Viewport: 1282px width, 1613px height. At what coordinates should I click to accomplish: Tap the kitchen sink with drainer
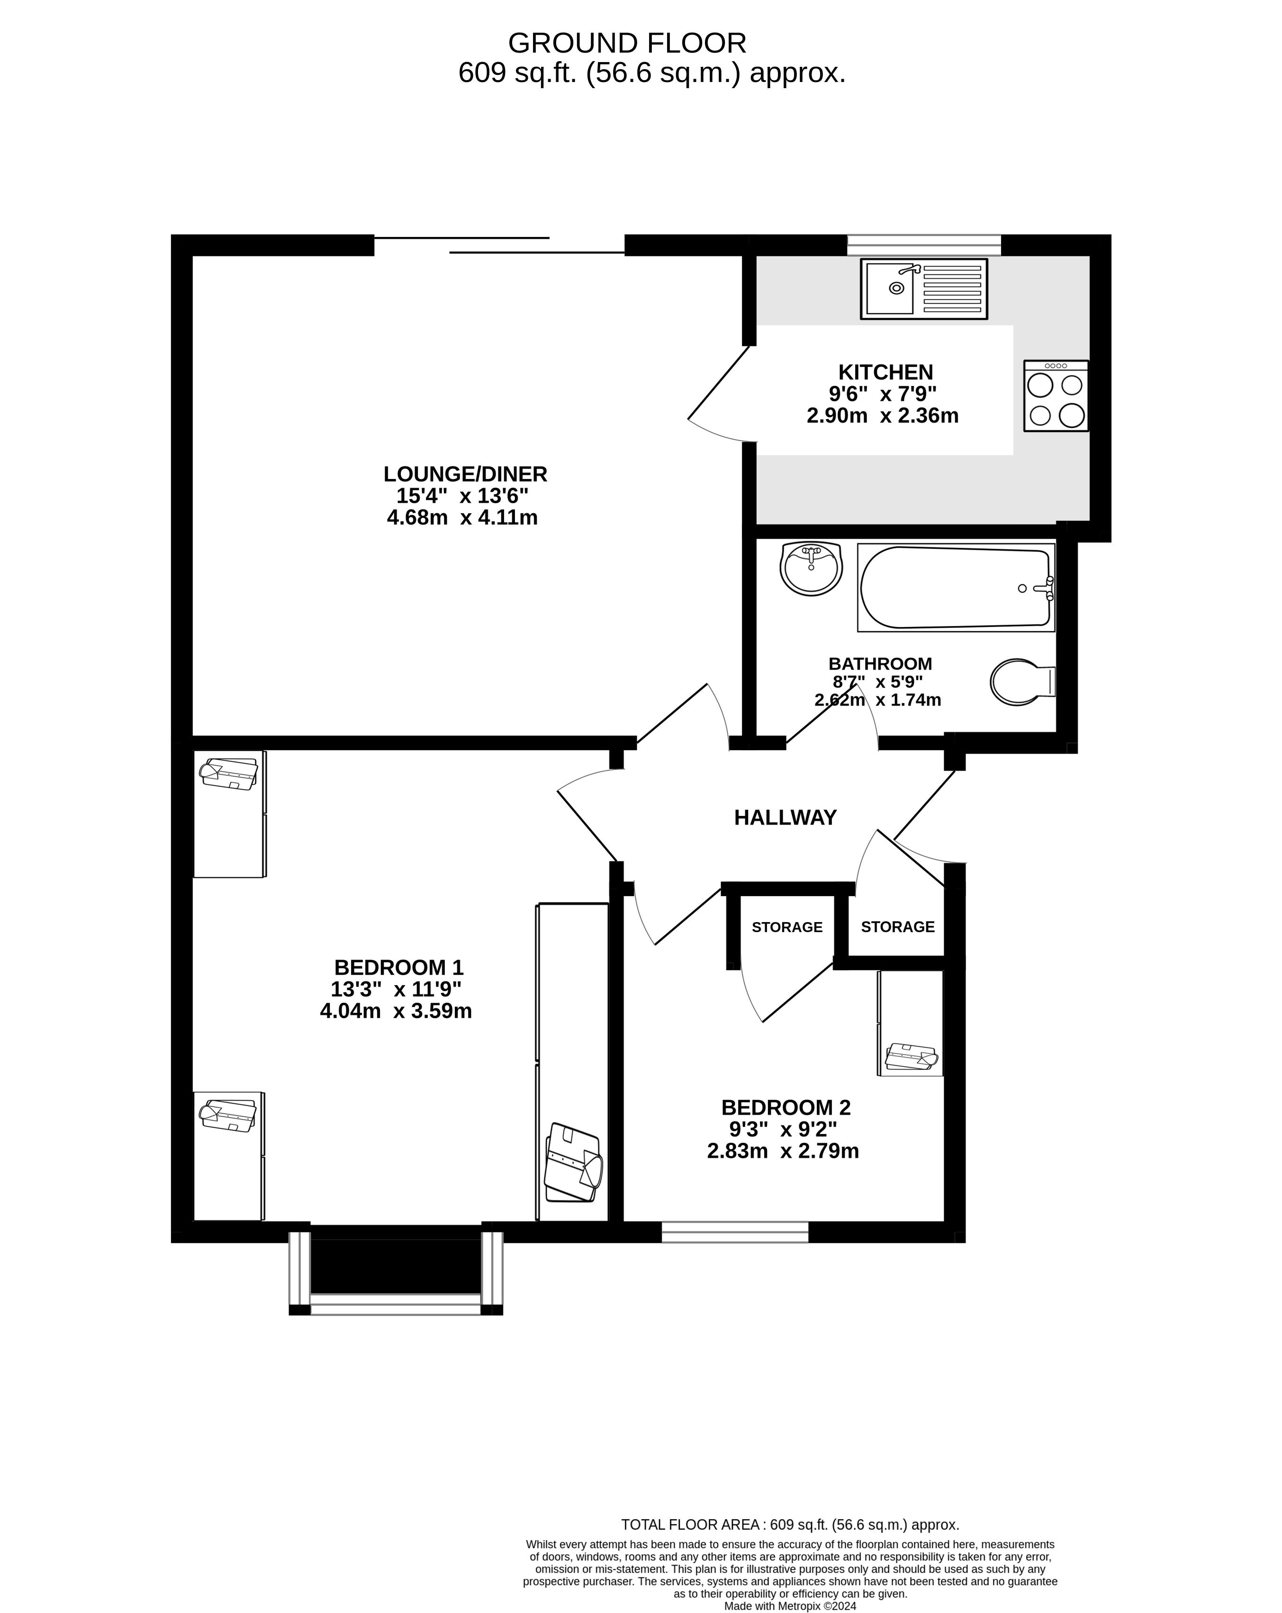pyautogui.click(x=923, y=288)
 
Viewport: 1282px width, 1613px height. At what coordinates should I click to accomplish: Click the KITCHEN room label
pyautogui.click(x=885, y=372)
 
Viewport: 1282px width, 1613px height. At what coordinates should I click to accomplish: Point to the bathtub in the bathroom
pyautogui.click(x=955, y=587)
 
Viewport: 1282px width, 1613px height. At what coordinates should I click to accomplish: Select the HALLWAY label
pyautogui.click(x=785, y=818)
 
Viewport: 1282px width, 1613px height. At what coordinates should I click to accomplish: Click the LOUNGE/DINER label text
pyautogui.click(x=465, y=473)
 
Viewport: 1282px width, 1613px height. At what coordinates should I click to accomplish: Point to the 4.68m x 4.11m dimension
pyautogui.click(x=462, y=517)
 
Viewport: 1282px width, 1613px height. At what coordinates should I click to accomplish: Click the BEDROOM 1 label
pyautogui.click(x=398, y=967)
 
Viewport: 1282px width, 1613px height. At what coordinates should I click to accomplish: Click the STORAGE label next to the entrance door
pyautogui.click(x=898, y=927)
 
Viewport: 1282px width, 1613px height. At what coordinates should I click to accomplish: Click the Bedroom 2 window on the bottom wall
pyautogui.click(x=734, y=1232)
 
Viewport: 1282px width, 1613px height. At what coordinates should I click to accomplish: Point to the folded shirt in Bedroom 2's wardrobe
pyautogui.click(x=911, y=1057)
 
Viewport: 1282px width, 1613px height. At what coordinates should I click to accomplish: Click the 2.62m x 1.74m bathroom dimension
pyautogui.click(x=877, y=699)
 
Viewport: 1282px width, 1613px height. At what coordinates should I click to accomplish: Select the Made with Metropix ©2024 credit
pyautogui.click(x=790, y=1605)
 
